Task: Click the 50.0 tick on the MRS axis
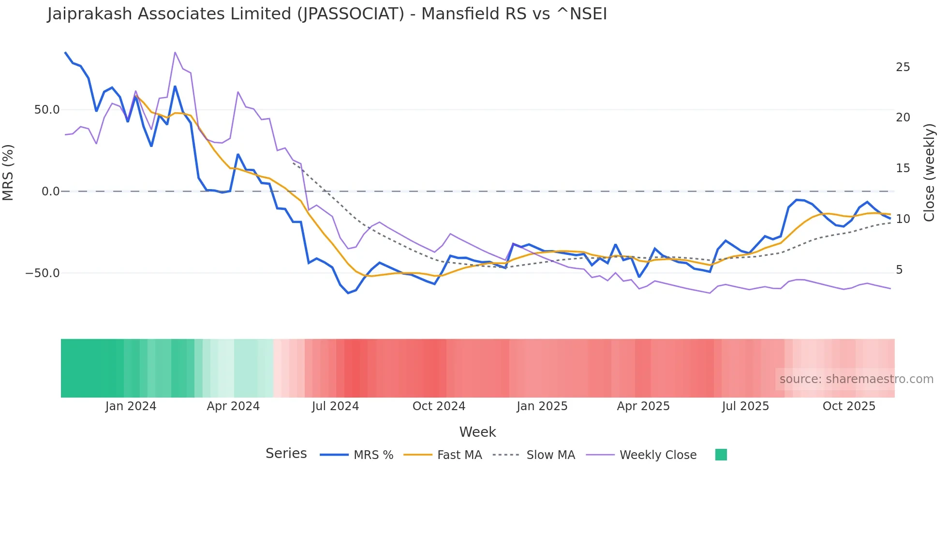46,110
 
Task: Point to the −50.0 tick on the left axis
43,273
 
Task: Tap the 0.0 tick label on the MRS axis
50,192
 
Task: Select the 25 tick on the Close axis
903,67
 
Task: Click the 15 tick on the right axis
903,168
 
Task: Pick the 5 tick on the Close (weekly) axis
899,270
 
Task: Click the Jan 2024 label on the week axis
131,406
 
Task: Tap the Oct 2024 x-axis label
439,406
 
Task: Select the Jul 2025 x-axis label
745,406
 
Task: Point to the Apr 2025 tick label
643,406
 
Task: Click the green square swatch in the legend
721,455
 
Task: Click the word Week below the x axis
477,432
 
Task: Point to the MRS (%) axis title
8,173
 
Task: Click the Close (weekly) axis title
929,173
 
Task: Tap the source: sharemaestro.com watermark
856,379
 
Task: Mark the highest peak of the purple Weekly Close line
175,52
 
